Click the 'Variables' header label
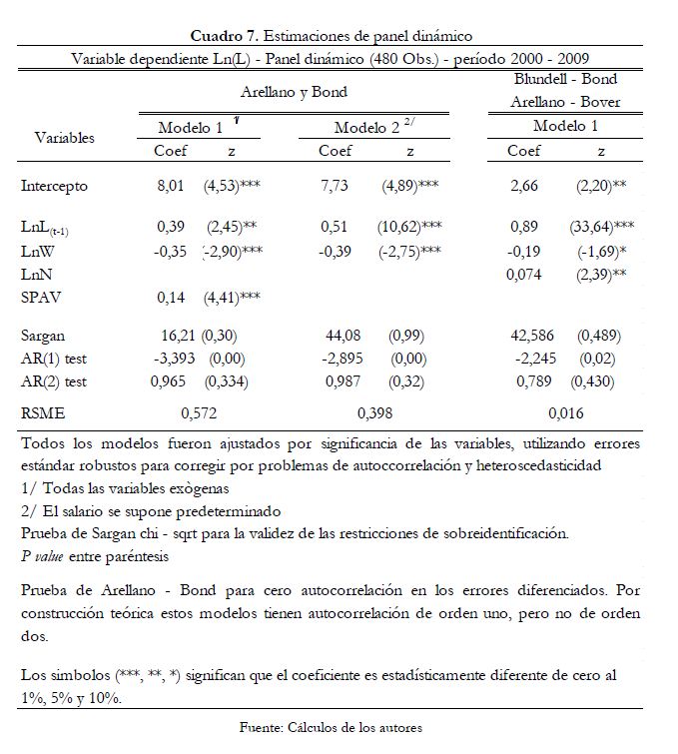point(64,137)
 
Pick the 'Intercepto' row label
point(54,186)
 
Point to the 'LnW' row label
point(37,251)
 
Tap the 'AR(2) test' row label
point(54,380)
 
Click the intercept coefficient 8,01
point(171,186)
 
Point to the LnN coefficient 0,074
point(525,273)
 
